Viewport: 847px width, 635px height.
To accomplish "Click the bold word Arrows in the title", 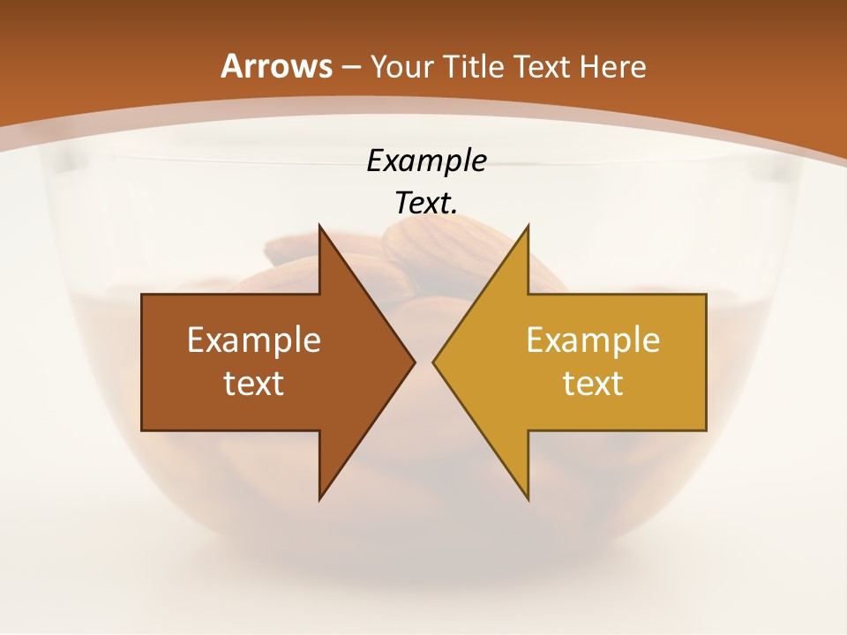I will pos(276,66).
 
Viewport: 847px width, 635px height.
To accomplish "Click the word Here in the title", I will pos(614,66).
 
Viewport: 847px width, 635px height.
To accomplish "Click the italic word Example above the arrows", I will pos(426,161).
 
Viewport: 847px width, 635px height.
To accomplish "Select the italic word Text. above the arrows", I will pos(426,203).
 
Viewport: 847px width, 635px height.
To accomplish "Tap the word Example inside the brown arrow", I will pos(254,340).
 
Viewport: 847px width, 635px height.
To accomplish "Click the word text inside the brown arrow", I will pos(254,383).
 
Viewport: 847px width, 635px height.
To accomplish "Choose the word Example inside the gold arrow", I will pos(593,340).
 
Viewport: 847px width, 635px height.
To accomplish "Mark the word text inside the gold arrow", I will pos(593,383).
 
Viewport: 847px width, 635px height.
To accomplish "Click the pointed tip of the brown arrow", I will pos(415,362).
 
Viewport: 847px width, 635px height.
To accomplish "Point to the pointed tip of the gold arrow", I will pos(433,362).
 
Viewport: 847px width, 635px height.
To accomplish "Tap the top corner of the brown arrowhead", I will pos(319,226).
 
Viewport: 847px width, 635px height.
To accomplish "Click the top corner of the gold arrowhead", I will pos(528,226).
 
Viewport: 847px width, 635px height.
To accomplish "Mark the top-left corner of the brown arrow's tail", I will pos(142,295).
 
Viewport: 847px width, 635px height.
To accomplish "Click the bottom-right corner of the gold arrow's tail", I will pos(706,430).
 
